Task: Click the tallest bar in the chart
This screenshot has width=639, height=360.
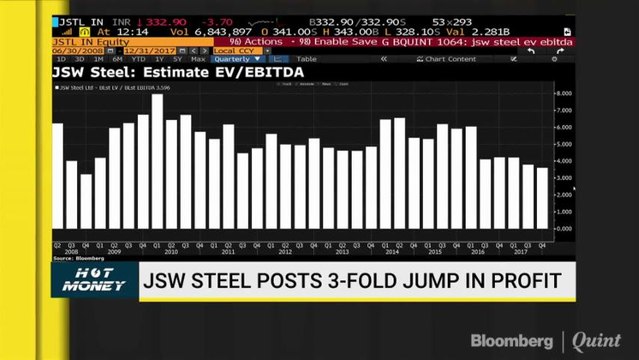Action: [x=157, y=160]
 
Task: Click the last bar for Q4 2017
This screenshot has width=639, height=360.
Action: [x=542, y=197]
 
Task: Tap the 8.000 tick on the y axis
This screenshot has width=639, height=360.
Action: [x=563, y=93]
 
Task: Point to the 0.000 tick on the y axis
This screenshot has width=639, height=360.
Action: [x=563, y=228]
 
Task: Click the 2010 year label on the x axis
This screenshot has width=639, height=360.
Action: [x=171, y=251]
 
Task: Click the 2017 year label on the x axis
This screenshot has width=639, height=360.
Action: [x=521, y=251]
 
